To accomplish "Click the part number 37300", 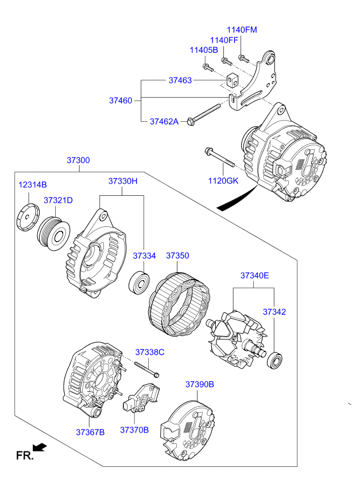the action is click(x=78, y=160).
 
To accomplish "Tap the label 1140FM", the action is click(x=242, y=30).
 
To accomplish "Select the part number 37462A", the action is click(x=164, y=121).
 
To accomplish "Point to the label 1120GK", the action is click(x=223, y=181).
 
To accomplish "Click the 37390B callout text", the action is click(x=200, y=384).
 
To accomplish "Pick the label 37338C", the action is click(x=150, y=352).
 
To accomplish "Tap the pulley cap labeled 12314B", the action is click(x=28, y=217).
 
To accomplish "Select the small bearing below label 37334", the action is click(x=139, y=283).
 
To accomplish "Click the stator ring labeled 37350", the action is click(x=179, y=304).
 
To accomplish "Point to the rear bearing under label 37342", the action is click(x=275, y=360).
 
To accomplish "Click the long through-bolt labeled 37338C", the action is click(x=146, y=369).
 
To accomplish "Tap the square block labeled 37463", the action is click(x=232, y=80).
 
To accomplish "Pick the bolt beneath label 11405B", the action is click(x=207, y=67).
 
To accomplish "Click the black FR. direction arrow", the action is click(x=40, y=447).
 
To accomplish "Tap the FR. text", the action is click(x=25, y=455).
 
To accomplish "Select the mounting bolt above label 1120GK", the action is click(x=219, y=157).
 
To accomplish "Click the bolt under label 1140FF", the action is click(x=226, y=61).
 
